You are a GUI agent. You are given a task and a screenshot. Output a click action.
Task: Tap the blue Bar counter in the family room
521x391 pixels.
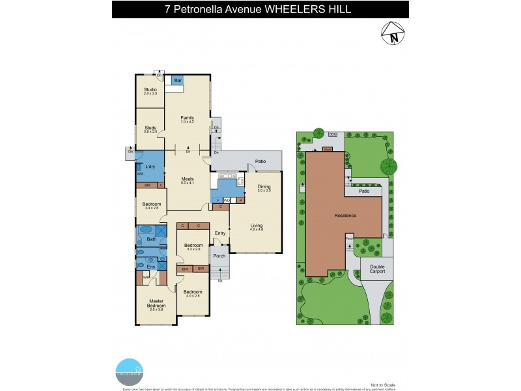click(177, 80)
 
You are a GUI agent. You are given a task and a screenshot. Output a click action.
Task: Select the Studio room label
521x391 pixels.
click(150, 90)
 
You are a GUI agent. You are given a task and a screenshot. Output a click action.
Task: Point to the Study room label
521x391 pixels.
click(150, 128)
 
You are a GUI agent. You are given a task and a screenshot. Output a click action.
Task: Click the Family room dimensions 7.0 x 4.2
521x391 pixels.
click(188, 122)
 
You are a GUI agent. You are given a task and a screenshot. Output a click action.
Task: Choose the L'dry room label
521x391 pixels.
click(150, 167)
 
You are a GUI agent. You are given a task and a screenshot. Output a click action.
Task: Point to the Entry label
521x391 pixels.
click(220, 233)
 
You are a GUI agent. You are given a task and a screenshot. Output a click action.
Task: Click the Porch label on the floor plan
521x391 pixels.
click(219, 255)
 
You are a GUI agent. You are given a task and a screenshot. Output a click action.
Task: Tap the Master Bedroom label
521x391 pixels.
click(156, 303)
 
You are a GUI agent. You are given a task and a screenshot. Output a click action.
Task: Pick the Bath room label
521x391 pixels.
click(151, 240)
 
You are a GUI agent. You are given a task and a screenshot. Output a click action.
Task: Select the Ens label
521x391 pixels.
click(150, 267)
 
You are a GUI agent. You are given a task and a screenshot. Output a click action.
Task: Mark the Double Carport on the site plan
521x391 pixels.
click(377, 268)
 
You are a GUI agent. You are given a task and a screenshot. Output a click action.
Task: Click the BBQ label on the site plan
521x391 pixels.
click(332, 134)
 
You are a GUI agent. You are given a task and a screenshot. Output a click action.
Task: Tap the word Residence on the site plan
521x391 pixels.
click(345, 215)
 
